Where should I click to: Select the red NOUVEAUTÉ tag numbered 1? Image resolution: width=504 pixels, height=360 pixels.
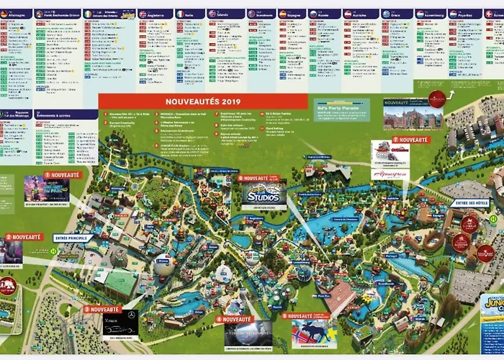click(x=63, y=174)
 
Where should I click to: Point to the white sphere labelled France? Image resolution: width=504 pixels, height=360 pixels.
click(x=163, y=265)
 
